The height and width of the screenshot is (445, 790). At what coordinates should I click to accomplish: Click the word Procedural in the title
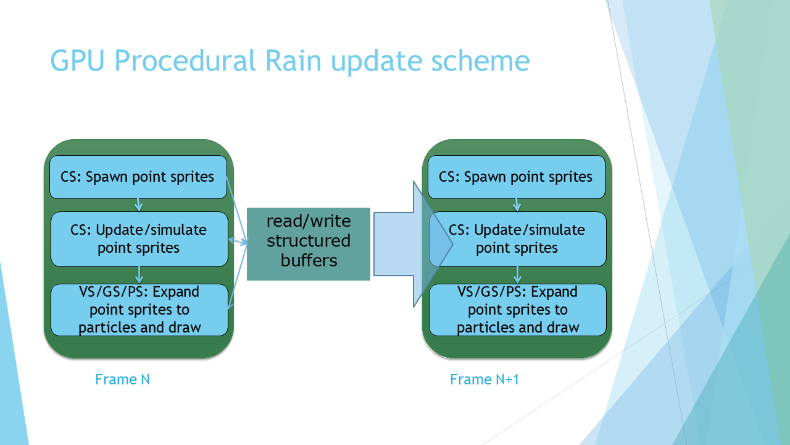(x=185, y=61)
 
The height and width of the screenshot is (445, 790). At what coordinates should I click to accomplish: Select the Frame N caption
(x=122, y=379)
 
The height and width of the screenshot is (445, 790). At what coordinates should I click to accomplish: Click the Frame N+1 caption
(x=484, y=379)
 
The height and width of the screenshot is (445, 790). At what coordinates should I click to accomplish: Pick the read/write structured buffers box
(x=309, y=244)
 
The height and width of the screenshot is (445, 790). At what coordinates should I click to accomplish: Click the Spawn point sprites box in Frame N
(x=138, y=177)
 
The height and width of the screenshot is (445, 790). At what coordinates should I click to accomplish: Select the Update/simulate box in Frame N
(x=139, y=239)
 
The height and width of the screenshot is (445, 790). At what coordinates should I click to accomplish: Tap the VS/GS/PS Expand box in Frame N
(x=139, y=310)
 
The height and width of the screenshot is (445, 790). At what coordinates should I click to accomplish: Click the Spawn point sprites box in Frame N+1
(x=517, y=177)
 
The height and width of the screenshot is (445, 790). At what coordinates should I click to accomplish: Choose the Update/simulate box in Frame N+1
(x=518, y=239)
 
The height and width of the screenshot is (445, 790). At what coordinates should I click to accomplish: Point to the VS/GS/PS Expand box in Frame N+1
(x=518, y=310)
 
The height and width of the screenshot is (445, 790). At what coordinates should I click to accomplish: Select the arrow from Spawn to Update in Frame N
(x=139, y=205)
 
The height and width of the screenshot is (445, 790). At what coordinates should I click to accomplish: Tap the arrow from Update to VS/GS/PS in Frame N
(x=139, y=275)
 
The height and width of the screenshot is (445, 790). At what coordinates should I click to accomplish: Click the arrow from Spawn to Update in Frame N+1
(x=517, y=205)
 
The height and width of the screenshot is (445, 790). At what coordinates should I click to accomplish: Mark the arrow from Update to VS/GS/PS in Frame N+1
(x=517, y=275)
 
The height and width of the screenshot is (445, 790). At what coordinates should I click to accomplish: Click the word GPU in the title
(x=78, y=61)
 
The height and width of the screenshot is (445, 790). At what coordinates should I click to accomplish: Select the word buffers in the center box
(x=309, y=260)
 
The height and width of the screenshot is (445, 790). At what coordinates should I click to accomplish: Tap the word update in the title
(x=376, y=62)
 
